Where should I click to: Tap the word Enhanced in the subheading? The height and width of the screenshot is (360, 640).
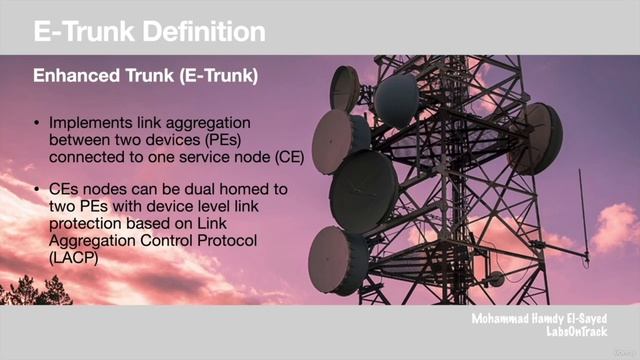[73, 75]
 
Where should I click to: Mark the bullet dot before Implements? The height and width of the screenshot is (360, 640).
[38, 124]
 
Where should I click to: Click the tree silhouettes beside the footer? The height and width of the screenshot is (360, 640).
[30, 292]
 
